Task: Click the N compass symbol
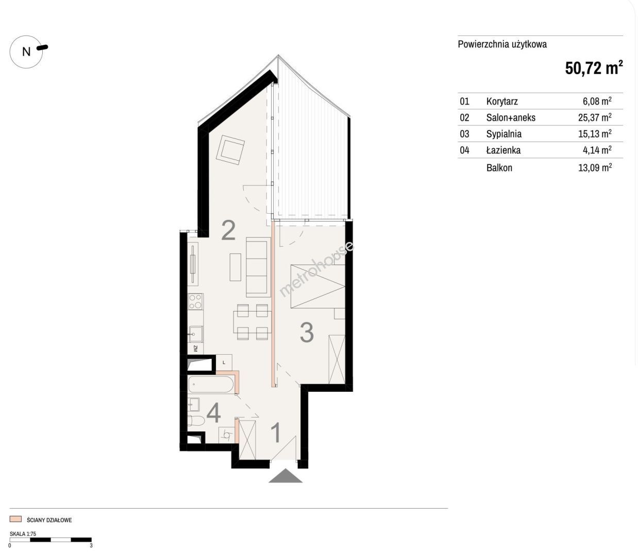[26, 51]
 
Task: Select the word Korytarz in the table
[502, 101]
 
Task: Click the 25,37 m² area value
[595, 117]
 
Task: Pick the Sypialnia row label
[503, 134]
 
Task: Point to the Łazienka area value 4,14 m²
[597, 150]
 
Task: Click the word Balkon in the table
[499, 168]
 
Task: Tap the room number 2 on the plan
[228, 230]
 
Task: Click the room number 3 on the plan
[307, 333]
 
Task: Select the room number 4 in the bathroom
[213, 413]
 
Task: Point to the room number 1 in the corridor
[276, 433]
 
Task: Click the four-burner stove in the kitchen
[195, 302]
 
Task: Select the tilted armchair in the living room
[230, 149]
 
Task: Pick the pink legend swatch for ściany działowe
[15, 519]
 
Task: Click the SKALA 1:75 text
[23, 534]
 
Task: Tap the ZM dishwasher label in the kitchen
[195, 349]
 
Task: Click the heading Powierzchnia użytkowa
[502, 44]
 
